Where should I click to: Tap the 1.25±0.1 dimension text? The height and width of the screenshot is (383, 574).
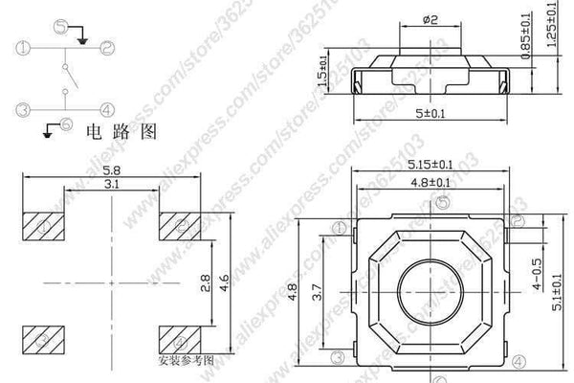click(556, 38)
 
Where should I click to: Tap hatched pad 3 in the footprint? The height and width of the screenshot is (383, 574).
click(43, 339)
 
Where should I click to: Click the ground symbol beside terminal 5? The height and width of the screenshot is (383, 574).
click(82, 38)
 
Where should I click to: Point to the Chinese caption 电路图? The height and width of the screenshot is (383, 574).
click(116, 131)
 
